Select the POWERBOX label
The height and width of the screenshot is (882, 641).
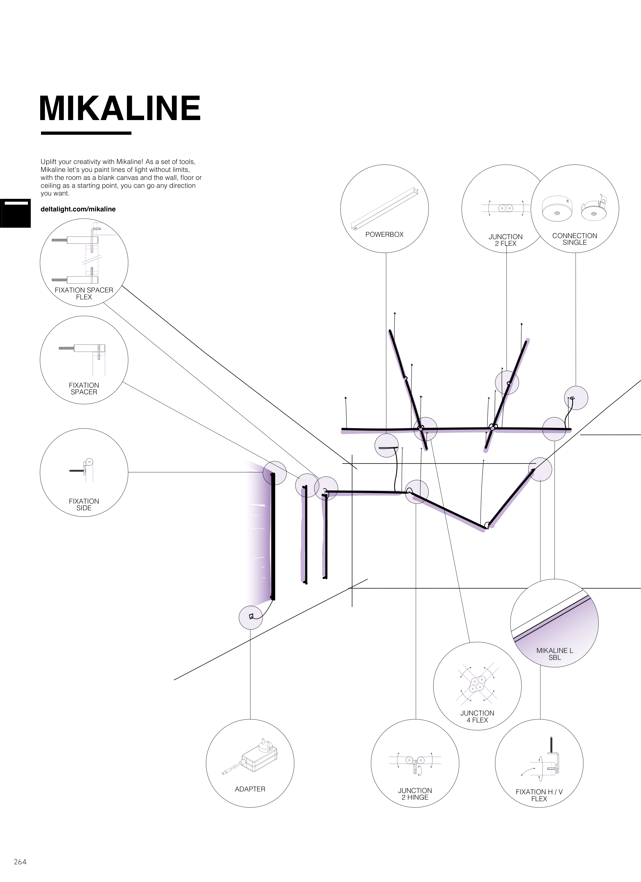(x=384, y=234)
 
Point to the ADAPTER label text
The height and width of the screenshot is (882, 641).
(x=250, y=789)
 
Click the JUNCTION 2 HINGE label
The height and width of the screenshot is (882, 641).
(x=415, y=794)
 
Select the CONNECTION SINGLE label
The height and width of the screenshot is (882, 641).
(x=575, y=239)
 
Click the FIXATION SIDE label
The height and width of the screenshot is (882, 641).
(x=84, y=504)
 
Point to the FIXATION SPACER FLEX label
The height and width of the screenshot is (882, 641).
(x=84, y=293)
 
